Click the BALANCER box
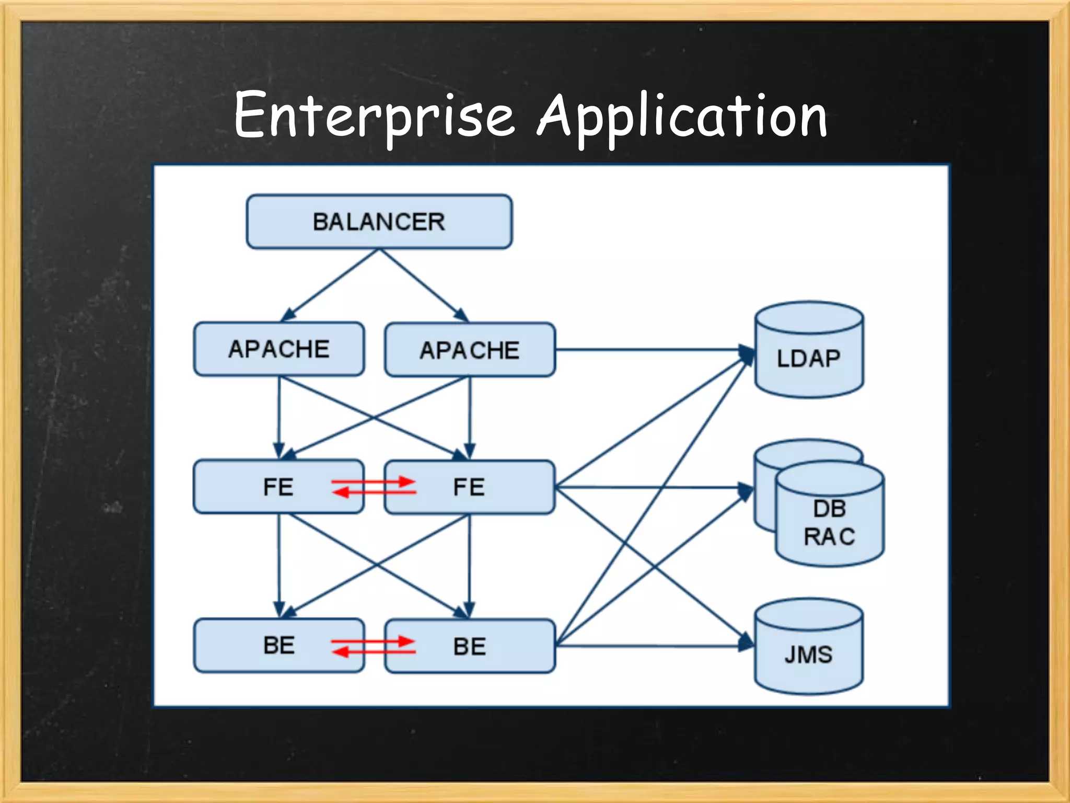pyautogui.click(x=379, y=222)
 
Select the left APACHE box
pyautogui.click(x=278, y=349)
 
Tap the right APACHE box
pyautogui.click(x=469, y=350)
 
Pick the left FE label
pyautogui.click(x=278, y=487)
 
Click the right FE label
pyautogui.click(x=469, y=487)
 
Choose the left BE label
pyautogui.click(x=278, y=645)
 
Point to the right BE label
pyautogui.click(x=469, y=647)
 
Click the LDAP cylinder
pyautogui.click(x=808, y=358)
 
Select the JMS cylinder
pyautogui.click(x=808, y=653)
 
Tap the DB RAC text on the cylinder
pyautogui.click(x=829, y=523)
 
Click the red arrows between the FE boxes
pyautogui.click(x=374, y=487)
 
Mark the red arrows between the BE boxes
pyautogui.click(x=374, y=646)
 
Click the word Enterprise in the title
pyautogui.click(x=374, y=116)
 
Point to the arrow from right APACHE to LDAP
pyautogui.click(x=648, y=349)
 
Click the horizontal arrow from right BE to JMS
pyautogui.click(x=648, y=647)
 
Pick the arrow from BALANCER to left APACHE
pyautogui.click(x=329, y=285)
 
